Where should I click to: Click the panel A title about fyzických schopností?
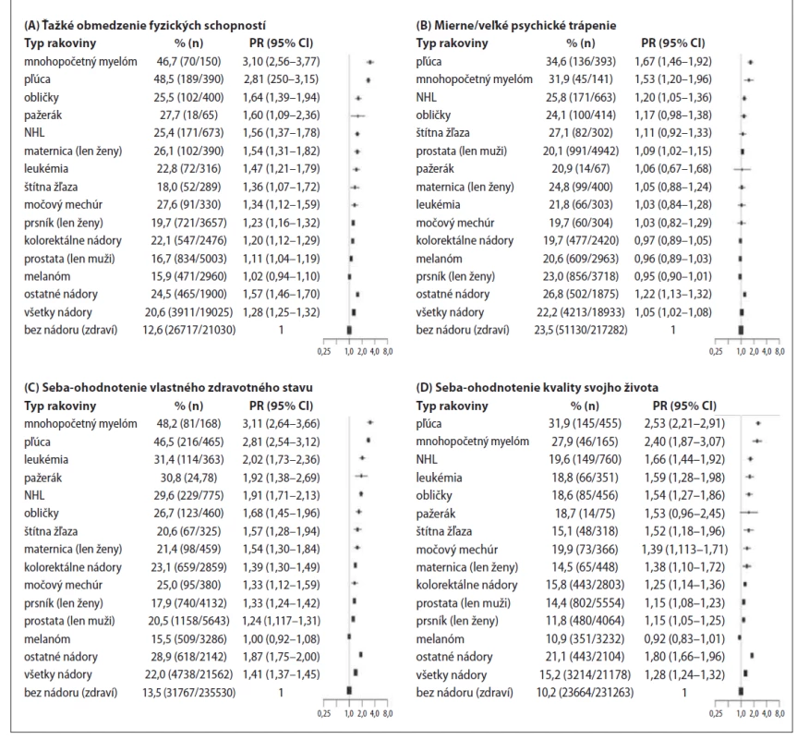145,25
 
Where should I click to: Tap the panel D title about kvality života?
537,388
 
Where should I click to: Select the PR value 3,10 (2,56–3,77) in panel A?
281,61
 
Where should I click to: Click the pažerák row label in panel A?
42,115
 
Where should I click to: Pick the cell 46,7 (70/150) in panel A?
188,61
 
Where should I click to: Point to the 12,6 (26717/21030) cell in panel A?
188,330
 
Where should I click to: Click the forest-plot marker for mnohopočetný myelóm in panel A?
370,62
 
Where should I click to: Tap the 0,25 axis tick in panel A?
324,351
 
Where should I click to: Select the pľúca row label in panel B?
429,61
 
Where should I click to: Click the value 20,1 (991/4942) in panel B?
581,151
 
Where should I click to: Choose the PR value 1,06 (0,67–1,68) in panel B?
673,169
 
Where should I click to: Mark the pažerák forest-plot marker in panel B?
742,169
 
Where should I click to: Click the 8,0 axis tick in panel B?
779,351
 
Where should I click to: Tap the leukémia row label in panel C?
46,459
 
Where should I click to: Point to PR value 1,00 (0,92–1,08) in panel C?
281,639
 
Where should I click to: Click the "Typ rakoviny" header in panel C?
60,406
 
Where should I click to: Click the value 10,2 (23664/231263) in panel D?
585,693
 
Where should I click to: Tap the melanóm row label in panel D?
441,639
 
